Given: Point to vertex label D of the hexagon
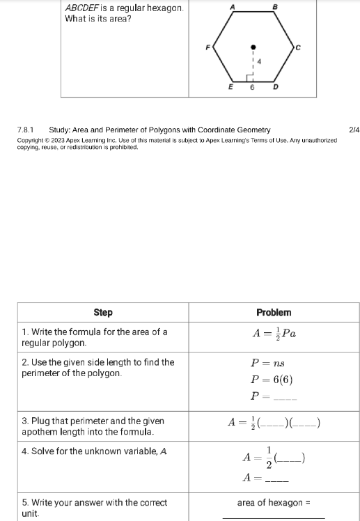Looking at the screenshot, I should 275,88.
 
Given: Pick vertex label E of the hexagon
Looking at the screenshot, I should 231,88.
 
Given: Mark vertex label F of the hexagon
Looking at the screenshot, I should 207,47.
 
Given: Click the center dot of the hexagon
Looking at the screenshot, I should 253,47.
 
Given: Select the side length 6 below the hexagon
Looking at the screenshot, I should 253,88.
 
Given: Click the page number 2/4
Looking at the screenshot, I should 353,130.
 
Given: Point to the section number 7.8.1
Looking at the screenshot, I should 26,130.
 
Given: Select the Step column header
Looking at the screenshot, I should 102,313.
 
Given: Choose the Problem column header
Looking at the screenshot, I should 273,313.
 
